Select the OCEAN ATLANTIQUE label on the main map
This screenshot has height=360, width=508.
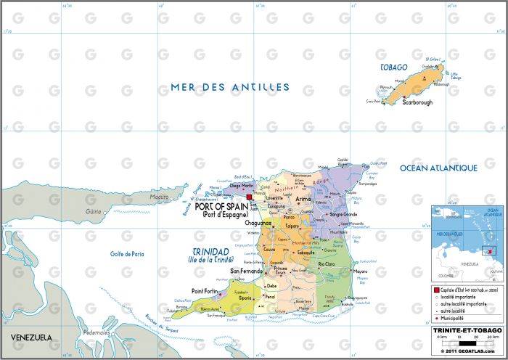pyautogui.click(x=438, y=168)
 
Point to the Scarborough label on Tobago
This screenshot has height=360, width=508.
pyautogui.click(x=417, y=102)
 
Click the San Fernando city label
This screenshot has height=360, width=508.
pyautogui.click(x=247, y=271)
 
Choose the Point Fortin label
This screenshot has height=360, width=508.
pyautogui.click(x=206, y=291)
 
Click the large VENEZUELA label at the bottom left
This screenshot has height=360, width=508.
pyautogui.click(x=31, y=338)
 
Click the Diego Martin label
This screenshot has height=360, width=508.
pyautogui.click(x=240, y=185)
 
